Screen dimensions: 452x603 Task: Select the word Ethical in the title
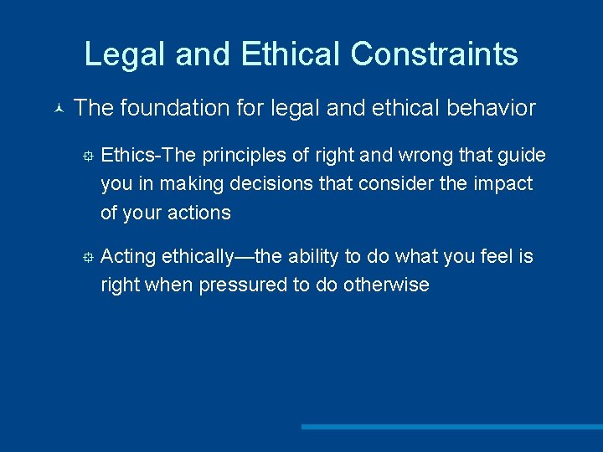pos(291,54)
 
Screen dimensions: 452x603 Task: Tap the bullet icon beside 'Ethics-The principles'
pos(85,157)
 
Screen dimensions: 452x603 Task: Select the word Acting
pos(127,256)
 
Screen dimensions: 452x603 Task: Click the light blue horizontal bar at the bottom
pos(452,427)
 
